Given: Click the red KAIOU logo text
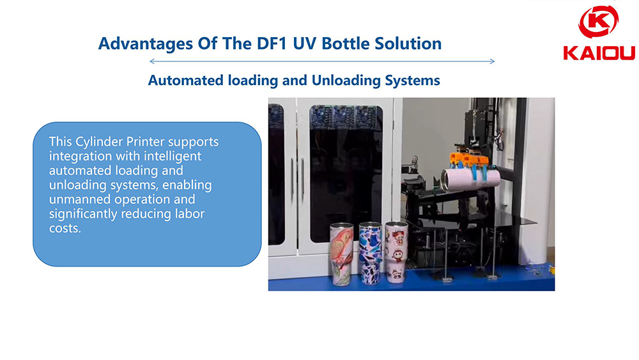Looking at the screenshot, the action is click(x=599, y=53).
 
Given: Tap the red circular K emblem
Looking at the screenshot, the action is click(x=599, y=22).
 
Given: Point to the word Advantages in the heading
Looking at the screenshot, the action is click(x=146, y=44).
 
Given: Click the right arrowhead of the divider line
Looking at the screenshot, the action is click(x=492, y=61).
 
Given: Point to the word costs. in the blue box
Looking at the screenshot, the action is click(x=65, y=228).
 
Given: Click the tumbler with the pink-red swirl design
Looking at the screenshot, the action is click(x=341, y=254).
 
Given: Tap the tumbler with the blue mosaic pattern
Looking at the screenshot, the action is click(x=370, y=253).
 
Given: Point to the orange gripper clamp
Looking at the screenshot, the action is click(x=468, y=159).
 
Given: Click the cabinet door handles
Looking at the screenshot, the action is click(x=297, y=176).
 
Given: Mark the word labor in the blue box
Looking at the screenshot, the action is click(x=190, y=214).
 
